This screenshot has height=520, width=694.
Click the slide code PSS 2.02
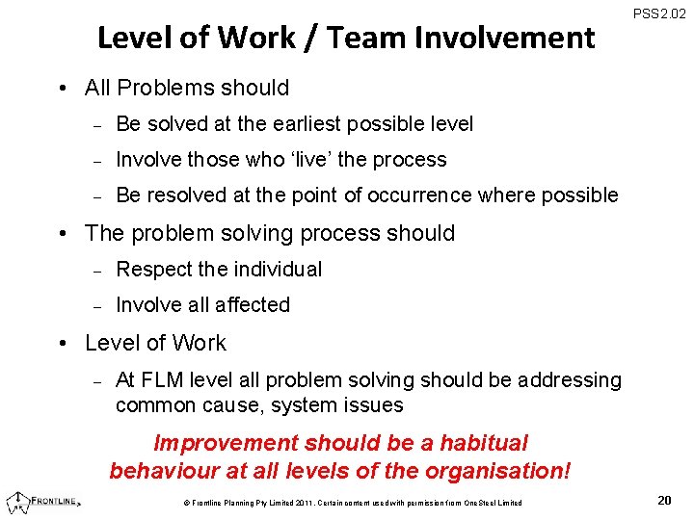point(659,13)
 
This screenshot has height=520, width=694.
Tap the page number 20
point(664,500)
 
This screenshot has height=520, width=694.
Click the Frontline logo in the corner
point(42,501)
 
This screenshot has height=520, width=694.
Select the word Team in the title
point(361,38)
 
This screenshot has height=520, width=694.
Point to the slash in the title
point(312,38)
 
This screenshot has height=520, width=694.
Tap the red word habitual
point(484,444)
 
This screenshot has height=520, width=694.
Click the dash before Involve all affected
point(96,306)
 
